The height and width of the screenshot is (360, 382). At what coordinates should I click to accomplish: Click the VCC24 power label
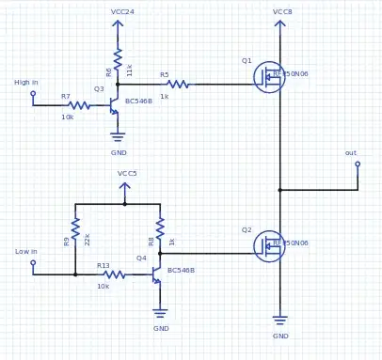pos(122,12)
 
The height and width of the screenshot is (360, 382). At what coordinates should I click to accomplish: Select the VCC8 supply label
pos(282,12)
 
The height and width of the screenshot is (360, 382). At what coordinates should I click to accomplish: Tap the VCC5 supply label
pos(127,174)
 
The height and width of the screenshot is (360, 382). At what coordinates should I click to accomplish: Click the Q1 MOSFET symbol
pos(269,77)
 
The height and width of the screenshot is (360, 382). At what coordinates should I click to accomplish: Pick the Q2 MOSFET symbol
pos(269,246)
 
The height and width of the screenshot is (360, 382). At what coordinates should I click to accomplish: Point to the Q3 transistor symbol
pos(113,105)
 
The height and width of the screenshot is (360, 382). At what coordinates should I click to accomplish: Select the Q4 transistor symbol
pos(155,274)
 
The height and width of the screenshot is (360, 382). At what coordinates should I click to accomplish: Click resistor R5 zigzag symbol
pos(177,84)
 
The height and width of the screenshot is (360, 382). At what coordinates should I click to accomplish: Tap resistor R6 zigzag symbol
pos(118,60)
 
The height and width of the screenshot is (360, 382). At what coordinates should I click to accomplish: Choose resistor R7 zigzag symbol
pos(79,105)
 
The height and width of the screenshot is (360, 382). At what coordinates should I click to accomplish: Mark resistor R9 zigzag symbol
pos(75,229)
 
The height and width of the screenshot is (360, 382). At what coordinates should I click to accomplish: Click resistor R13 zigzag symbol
pos(113,274)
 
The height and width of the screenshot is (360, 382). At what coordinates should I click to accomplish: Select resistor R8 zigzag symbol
pos(160,229)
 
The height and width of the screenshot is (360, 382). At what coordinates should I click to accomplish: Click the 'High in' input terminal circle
pos(33,93)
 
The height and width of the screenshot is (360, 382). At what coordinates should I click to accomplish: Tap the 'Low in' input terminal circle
pos(33,262)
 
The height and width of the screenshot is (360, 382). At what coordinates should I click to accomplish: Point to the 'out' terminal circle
pos(358,164)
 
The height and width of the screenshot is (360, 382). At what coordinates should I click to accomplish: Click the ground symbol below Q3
pos(118,136)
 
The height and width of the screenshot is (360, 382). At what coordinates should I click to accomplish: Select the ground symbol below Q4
pos(160,313)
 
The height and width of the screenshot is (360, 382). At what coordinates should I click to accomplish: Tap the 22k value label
pos(88,239)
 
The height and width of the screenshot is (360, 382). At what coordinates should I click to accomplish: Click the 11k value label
pos(130,70)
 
